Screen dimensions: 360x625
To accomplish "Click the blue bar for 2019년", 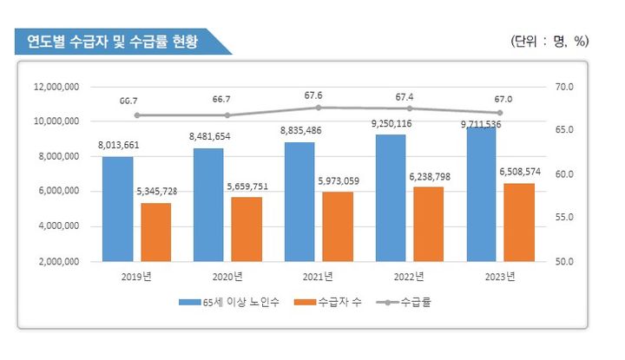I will [117, 208].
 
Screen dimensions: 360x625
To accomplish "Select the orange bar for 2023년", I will [520, 222].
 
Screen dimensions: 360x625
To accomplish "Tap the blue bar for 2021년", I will [299, 201].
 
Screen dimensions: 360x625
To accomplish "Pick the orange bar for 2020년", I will [247, 229].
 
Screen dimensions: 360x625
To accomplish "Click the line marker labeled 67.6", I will [319, 108].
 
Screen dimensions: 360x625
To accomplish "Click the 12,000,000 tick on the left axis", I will [56, 88].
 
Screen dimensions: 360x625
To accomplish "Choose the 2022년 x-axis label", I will [408, 277].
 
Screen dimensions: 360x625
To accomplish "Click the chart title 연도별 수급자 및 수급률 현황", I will [113, 41].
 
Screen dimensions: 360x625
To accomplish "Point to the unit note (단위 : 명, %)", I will [551, 41].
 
